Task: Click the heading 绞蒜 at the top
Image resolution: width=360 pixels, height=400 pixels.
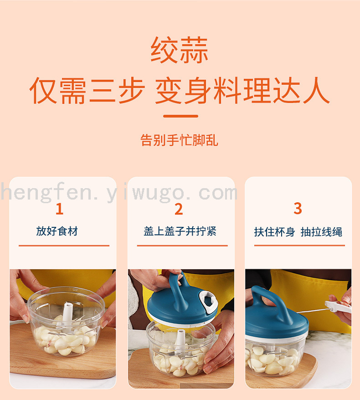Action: pos(180,50)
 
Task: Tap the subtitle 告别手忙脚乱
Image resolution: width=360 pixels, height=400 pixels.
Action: pos(180,140)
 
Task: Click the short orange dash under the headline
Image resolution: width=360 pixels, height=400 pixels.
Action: pos(180,116)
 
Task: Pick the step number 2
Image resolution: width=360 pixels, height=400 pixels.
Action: pos(179,209)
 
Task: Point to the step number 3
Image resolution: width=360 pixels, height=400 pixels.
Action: pos(298,208)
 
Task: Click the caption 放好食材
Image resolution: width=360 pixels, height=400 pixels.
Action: pos(57,231)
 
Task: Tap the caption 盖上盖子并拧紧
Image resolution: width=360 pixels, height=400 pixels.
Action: pos(180,231)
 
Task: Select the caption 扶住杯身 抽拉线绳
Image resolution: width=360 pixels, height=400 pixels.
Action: pos(298,232)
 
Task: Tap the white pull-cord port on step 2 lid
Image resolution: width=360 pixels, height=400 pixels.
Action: pos(207,301)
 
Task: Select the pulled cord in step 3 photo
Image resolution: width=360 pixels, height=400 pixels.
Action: pos(313,310)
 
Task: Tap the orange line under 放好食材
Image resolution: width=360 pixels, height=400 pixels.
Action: pos(64,246)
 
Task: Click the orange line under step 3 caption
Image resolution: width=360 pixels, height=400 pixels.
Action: pos(299,246)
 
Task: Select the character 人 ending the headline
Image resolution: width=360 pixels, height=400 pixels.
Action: pos(316,90)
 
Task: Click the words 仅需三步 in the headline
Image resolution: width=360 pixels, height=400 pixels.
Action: pos(87,90)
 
